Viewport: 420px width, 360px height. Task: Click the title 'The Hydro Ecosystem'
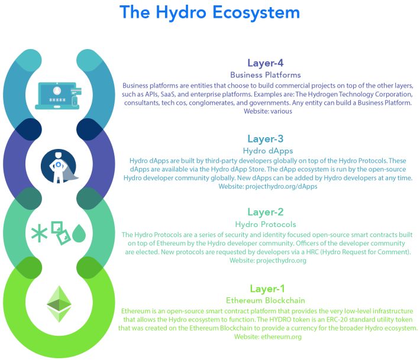pyautogui.click(x=209, y=12)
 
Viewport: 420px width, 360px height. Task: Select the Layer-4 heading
pyautogui.click(x=266, y=63)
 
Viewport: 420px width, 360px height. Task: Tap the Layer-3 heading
pyautogui.click(x=266, y=139)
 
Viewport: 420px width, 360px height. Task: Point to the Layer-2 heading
pyautogui.click(x=266, y=212)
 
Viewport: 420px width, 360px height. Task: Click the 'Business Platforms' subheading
pyautogui.click(x=266, y=75)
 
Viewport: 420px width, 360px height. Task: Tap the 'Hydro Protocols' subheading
pyautogui.click(x=266, y=224)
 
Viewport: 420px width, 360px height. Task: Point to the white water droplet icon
pyautogui.click(x=79, y=235)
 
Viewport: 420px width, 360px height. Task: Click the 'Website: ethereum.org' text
pyautogui.click(x=268, y=337)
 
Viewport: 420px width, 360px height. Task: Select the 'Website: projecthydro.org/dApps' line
pyautogui.click(x=268, y=187)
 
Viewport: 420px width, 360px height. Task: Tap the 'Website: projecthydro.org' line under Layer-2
pyautogui.click(x=268, y=260)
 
